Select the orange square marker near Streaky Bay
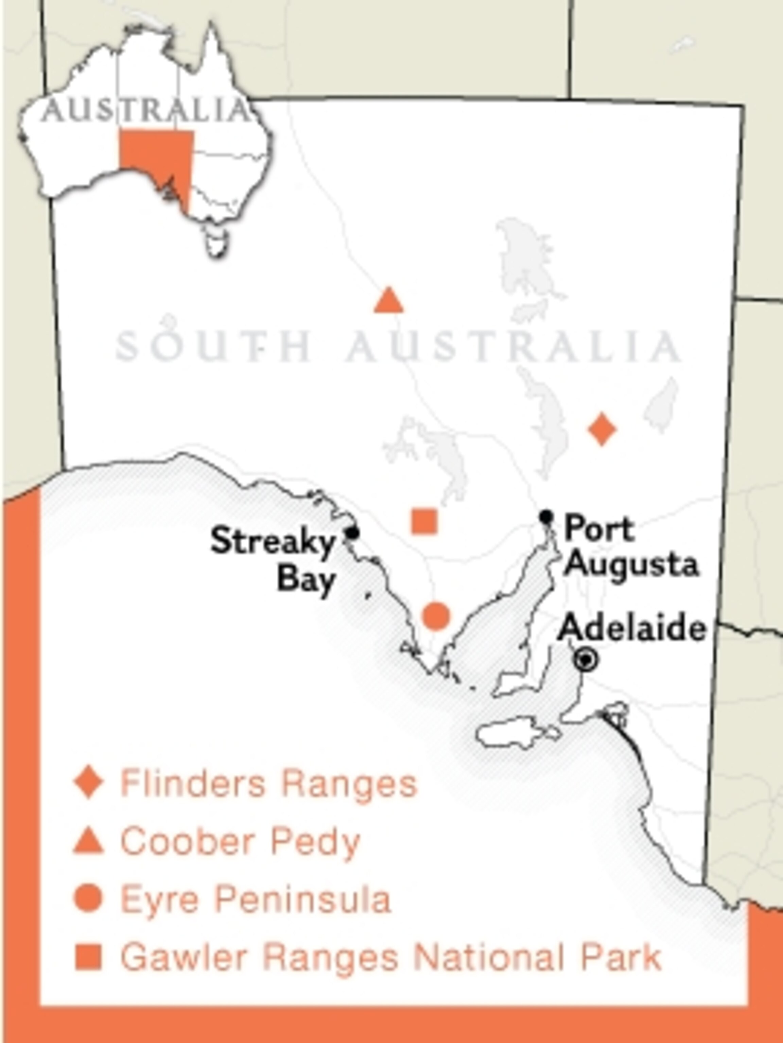pyautogui.click(x=424, y=521)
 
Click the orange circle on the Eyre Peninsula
pyautogui.click(x=436, y=616)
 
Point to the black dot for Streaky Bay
pyautogui.click(x=352, y=533)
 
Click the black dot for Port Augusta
pyautogui.click(x=546, y=516)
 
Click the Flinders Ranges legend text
pyautogui.click(x=269, y=784)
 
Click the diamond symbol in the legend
pyautogui.click(x=88, y=782)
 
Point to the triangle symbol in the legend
pyautogui.click(x=88, y=842)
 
